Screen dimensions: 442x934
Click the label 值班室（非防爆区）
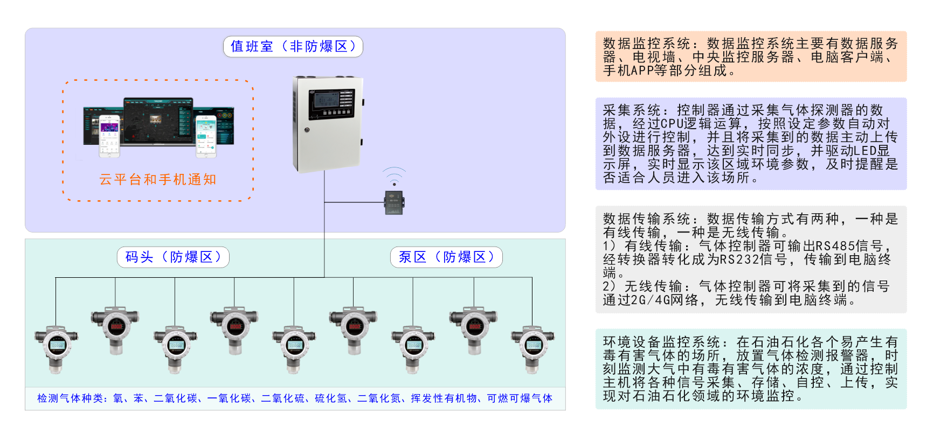click(x=293, y=47)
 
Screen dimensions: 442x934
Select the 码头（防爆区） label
click(x=173, y=257)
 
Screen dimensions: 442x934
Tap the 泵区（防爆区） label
click(x=446, y=257)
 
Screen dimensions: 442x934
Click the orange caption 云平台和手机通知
click(x=158, y=180)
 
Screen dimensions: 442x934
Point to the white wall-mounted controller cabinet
click(x=327, y=124)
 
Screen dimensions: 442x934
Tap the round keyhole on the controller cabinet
click(x=307, y=130)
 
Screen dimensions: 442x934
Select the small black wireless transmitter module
click(x=394, y=202)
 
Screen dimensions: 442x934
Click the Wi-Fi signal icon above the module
click(x=394, y=176)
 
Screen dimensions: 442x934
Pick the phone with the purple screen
click(x=109, y=136)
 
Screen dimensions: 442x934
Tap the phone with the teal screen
click(x=205, y=136)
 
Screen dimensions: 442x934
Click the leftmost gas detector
click(x=56, y=348)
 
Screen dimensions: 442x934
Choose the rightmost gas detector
click(x=532, y=348)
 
